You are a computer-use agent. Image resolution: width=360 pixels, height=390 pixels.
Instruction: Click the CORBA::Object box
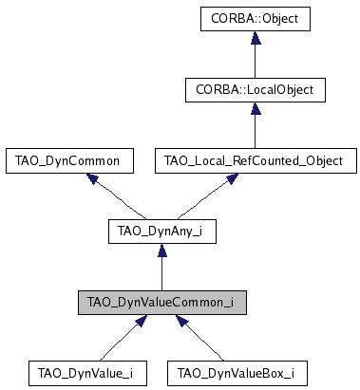click(256, 18)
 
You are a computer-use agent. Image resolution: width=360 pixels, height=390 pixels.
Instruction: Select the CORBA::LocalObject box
click(256, 89)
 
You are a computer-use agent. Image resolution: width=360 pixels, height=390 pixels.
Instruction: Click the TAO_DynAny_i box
click(161, 232)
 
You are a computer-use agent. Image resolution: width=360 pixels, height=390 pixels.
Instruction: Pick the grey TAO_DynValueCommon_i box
click(161, 303)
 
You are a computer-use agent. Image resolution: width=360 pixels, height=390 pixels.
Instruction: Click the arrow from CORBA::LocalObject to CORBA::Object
click(256, 57)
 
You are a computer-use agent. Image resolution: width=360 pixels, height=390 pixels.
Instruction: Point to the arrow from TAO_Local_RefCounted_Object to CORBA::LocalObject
click(256, 128)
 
